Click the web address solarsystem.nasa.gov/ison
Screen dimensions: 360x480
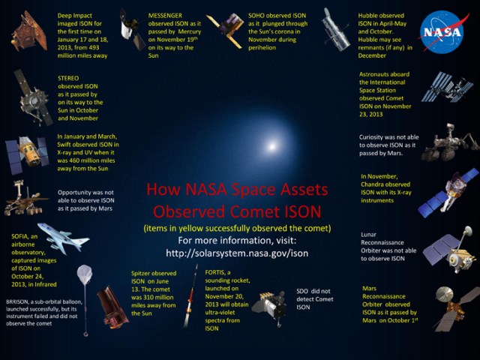coord(237,252)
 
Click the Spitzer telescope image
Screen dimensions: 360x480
coord(113,306)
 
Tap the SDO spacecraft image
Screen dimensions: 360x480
coord(269,304)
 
